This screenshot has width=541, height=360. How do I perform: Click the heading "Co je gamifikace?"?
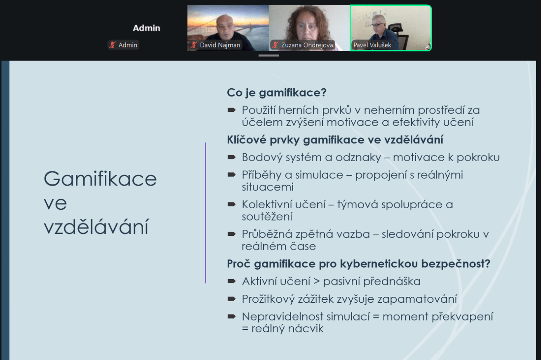[x=277, y=92]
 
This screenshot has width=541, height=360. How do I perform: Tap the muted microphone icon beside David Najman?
[x=194, y=45]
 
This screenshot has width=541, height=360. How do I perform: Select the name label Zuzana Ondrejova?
[x=307, y=45]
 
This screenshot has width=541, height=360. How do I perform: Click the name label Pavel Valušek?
[x=372, y=45]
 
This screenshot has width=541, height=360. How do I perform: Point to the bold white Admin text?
[x=146, y=28]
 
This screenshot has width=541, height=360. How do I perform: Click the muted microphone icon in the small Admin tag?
[x=112, y=45]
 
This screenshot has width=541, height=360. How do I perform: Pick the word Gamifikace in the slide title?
[x=100, y=179]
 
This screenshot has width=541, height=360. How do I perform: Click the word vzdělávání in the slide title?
[x=96, y=226]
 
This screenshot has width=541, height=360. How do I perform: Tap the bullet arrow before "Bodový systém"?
[x=231, y=157]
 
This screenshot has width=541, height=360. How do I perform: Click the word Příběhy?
[x=261, y=175]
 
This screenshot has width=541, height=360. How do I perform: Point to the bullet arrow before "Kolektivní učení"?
[x=231, y=205]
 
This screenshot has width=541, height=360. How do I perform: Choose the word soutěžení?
[x=267, y=216]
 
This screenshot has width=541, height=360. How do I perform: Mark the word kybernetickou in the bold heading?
[x=379, y=264]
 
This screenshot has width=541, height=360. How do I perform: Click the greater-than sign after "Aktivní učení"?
[x=317, y=282]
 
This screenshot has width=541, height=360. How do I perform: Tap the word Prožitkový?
[x=268, y=299]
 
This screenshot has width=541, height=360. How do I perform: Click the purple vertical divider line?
[x=205, y=213]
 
